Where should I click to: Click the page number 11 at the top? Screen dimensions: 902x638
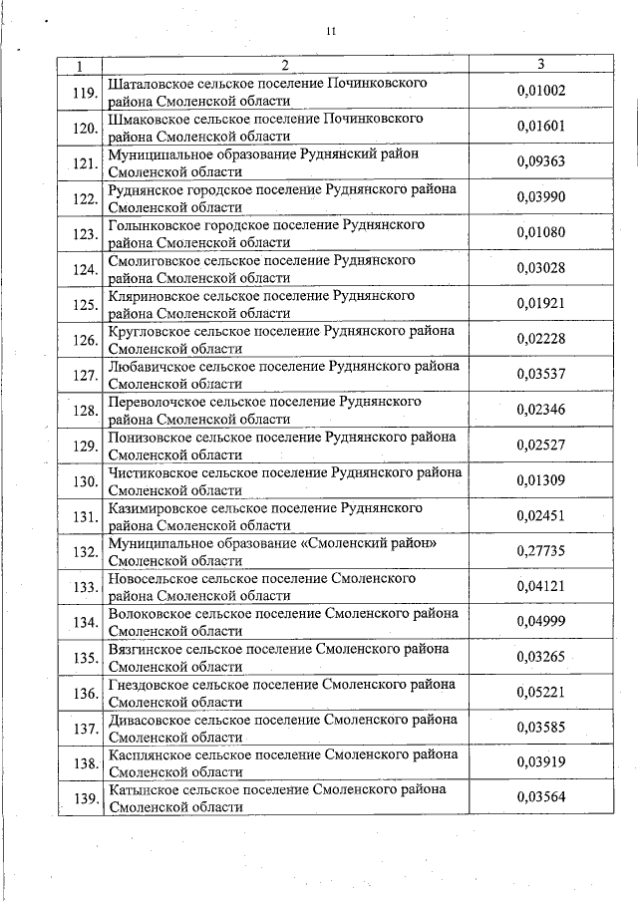(x=330, y=31)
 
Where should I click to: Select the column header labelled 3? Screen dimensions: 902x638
(x=540, y=66)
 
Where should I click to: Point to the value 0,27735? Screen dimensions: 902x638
(x=540, y=550)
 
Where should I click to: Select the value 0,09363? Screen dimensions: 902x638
(x=540, y=161)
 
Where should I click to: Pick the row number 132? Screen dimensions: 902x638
(x=83, y=551)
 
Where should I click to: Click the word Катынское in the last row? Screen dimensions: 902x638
(x=141, y=789)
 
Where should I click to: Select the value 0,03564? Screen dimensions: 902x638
(x=540, y=797)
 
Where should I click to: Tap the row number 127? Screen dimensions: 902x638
(x=83, y=375)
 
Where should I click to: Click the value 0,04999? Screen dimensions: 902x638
(x=540, y=622)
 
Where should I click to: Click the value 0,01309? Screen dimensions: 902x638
(x=540, y=480)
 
